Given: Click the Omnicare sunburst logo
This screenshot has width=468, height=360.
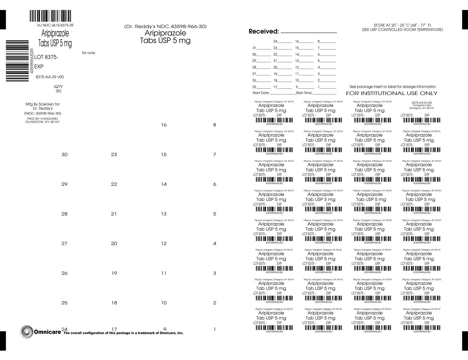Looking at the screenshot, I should pyautogui.click(x=27, y=332).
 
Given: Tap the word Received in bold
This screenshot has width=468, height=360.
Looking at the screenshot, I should pyautogui.click(x=263, y=31).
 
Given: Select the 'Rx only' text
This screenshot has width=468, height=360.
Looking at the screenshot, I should pyautogui.click(x=89, y=53).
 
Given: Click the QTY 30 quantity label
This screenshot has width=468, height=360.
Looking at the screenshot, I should pyautogui.click(x=58, y=89).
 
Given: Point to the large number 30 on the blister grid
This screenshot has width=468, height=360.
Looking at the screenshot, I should pyautogui.click(x=64, y=154).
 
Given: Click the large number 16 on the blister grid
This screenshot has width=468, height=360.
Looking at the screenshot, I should pyautogui.click(x=164, y=125).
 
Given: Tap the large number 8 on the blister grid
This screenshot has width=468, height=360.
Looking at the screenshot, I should pyautogui.click(x=214, y=125).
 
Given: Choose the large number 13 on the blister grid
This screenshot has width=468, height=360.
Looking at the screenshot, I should pyautogui.click(x=164, y=214).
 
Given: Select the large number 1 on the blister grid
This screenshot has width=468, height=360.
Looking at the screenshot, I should pyautogui.click(x=214, y=329).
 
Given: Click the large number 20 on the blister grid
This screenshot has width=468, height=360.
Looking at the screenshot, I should pyautogui.click(x=114, y=244).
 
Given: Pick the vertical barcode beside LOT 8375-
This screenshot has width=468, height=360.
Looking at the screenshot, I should pyautogui.click(x=17, y=61).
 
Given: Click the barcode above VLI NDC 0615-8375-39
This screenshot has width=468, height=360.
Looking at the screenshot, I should pyautogui.click(x=50, y=16).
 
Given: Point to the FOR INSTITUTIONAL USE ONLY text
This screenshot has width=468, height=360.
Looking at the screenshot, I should pyautogui.click(x=391, y=93).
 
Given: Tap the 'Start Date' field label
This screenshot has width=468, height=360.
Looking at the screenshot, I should pyautogui.click(x=261, y=93).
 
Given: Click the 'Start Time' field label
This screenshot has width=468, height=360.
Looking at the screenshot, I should pyautogui.click(x=304, y=93).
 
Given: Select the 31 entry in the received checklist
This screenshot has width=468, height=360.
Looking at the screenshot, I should pyautogui.click(x=254, y=48).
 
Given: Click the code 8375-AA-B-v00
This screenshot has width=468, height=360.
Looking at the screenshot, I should pyautogui.click(x=422, y=102).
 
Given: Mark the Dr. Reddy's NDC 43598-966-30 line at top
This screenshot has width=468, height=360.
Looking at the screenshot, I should pyautogui.click(x=165, y=27).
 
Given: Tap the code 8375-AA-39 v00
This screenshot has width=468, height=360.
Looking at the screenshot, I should pyautogui.click(x=50, y=77).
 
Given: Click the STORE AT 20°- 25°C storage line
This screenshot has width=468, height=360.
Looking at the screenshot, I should pyautogui.click(x=402, y=25).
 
